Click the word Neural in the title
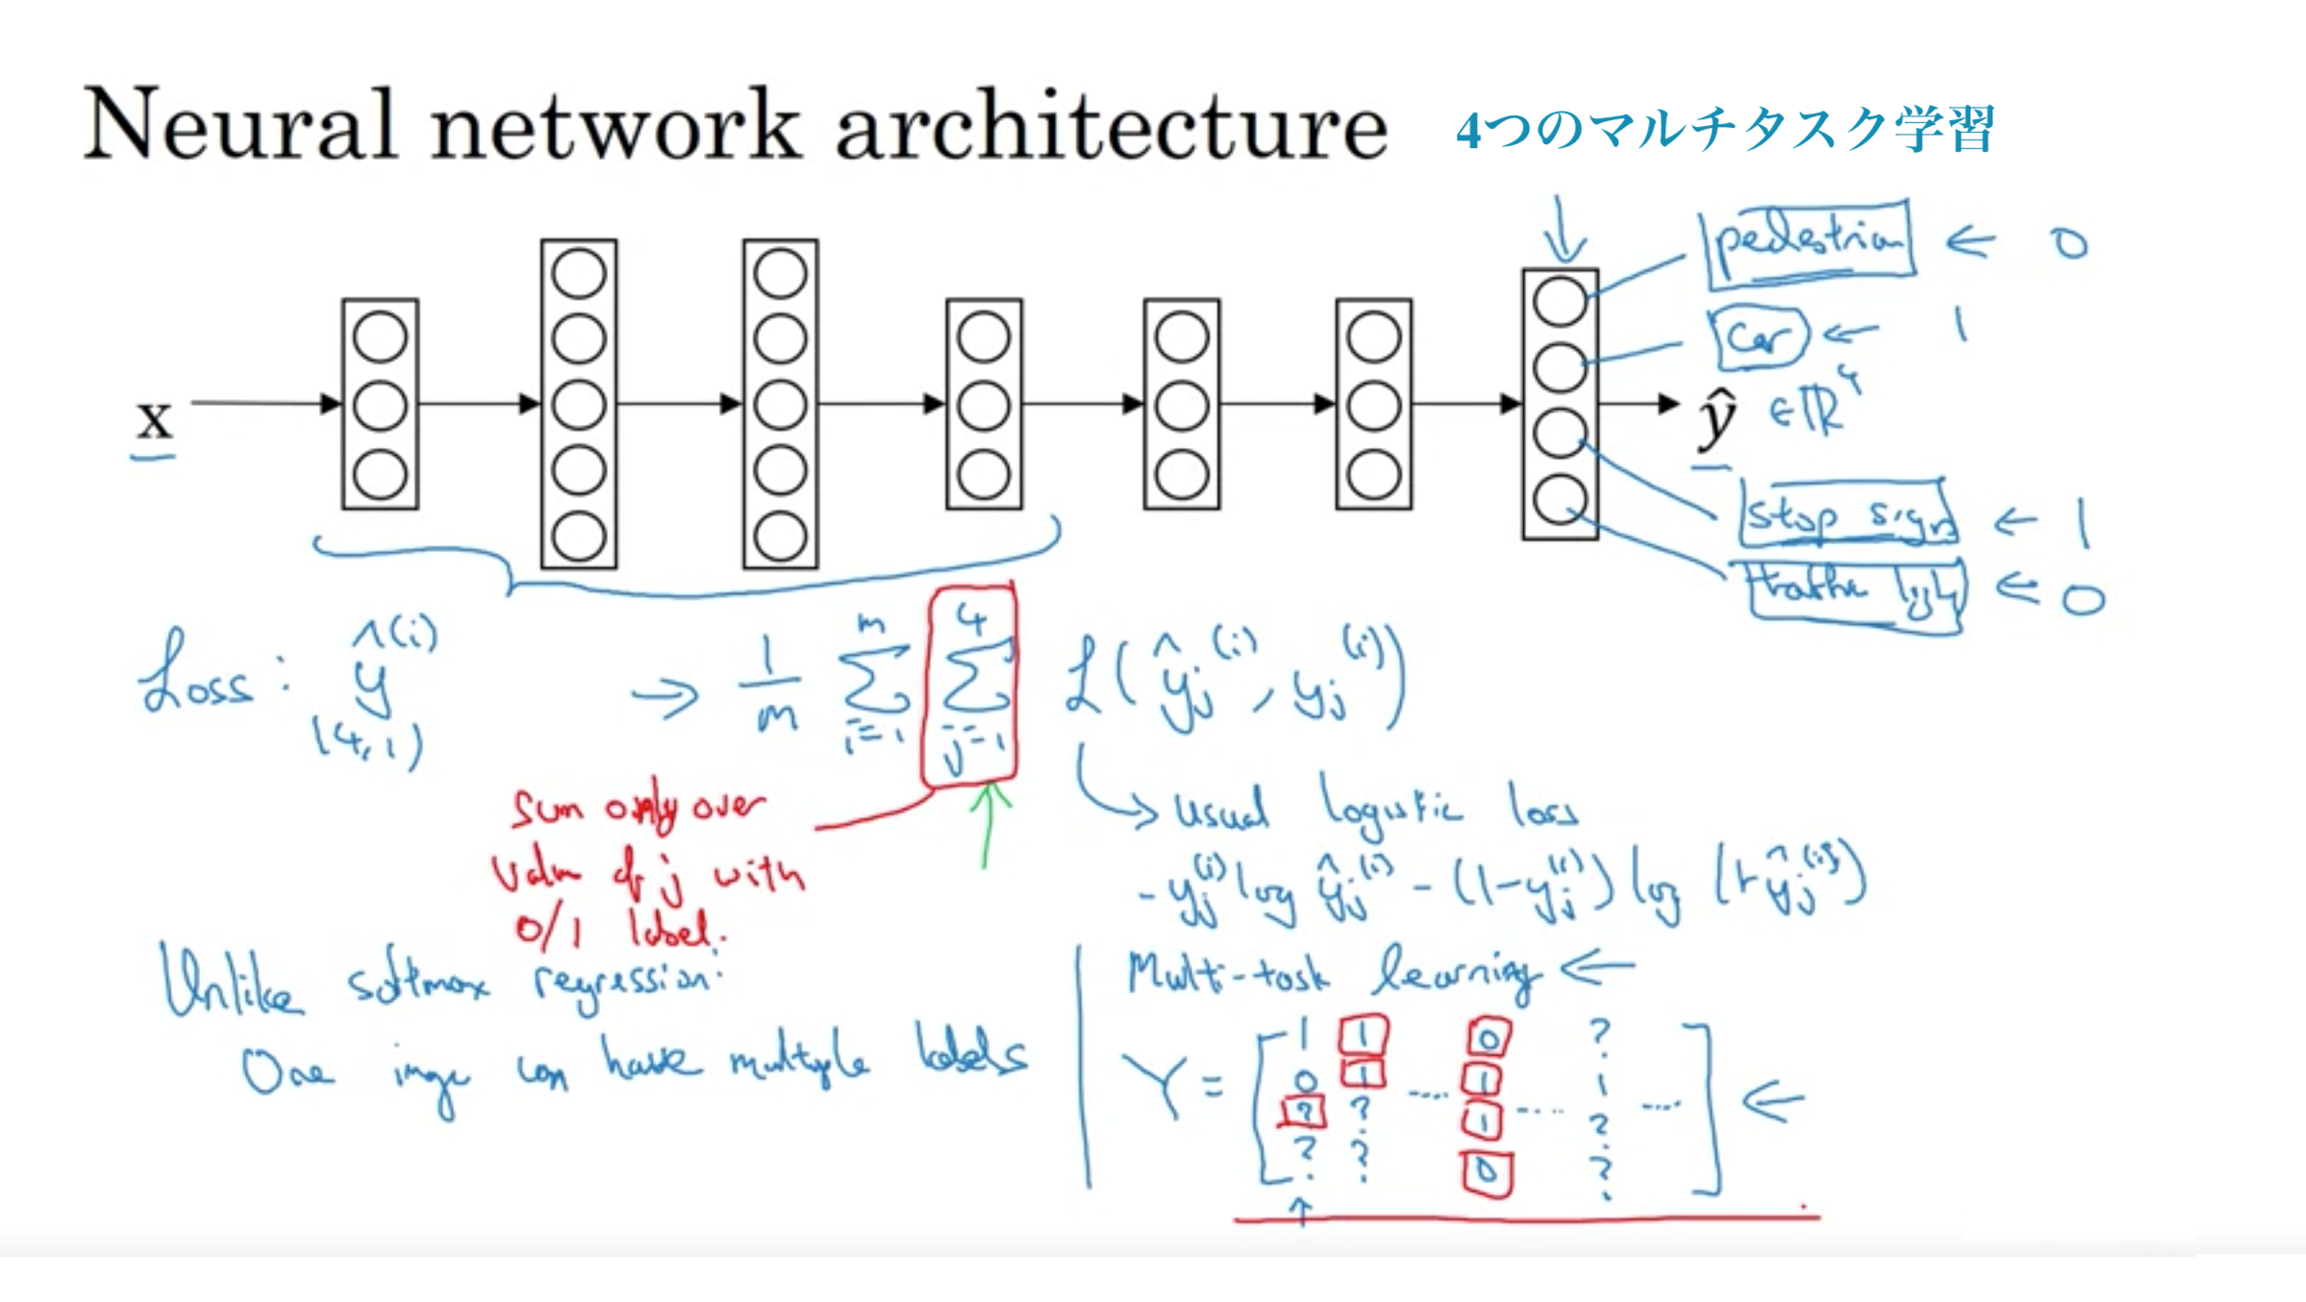240,125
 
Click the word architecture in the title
1111,125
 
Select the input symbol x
154,419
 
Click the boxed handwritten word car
1758,337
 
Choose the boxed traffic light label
1856,592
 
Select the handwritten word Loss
197,678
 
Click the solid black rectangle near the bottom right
2077,1202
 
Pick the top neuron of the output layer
1560,302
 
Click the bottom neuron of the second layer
579,536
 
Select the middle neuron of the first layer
380,406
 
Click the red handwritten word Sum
548,810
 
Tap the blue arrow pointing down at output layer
1566,231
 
